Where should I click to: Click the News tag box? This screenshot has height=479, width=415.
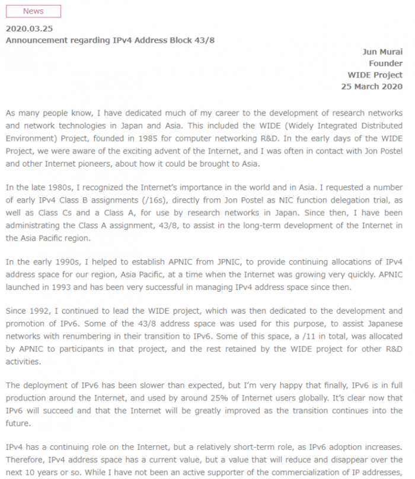[x=33, y=11]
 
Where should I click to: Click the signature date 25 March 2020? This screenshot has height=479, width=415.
[x=372, y=87]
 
